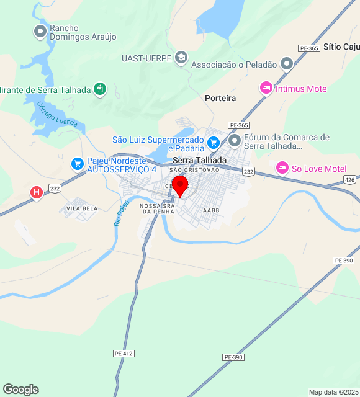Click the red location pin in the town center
point(180,185)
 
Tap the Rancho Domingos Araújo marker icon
point(40,30)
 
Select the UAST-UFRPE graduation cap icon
point(181,58)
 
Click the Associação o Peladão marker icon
point(286,64)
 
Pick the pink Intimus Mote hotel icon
point(266,89)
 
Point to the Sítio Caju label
point(341,47)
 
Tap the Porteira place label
point(220,98)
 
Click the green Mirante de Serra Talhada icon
point(99,89)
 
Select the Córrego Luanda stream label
point(57,114)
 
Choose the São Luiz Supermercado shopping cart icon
point(213,143)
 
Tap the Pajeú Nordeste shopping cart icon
point(78,164)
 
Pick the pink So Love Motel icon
point(282,168)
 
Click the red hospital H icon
point(37,193)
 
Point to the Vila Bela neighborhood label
point(82,208)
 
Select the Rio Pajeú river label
point(122,213)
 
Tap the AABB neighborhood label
point(211,210)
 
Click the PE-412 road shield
point(124,353)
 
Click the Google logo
point(20,390)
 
